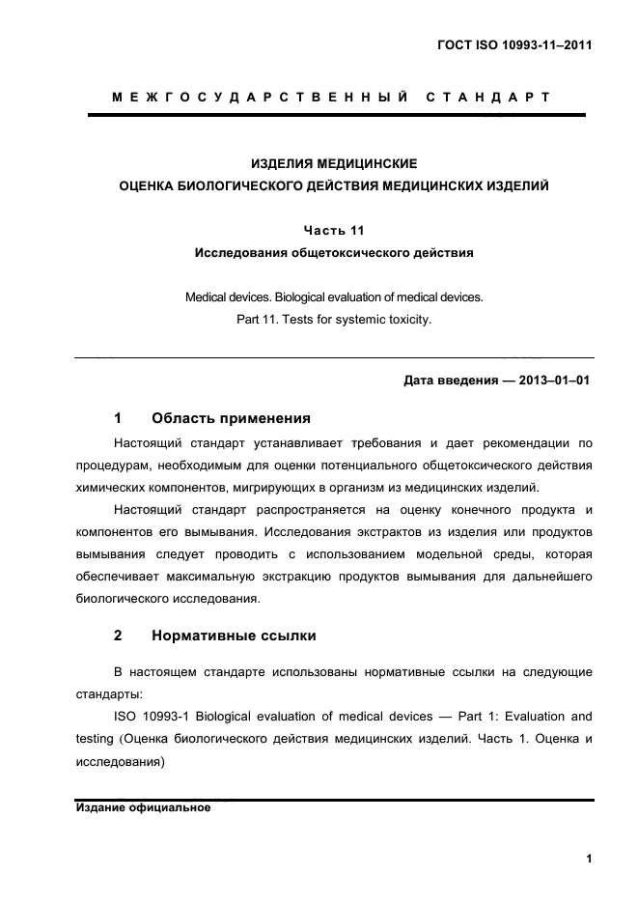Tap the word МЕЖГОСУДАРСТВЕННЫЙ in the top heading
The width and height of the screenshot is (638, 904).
coord(256,98)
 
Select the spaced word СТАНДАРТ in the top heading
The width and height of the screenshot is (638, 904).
coord(487,98)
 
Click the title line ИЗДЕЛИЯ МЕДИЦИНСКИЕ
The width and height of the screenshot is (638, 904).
coord(333,164)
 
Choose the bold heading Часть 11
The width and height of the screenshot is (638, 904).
coord(333,231)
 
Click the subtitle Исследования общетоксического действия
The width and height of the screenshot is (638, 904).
coord(333,254)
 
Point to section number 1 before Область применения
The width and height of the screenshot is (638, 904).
coord(118,418)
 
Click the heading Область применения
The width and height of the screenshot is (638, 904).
coord(231,418)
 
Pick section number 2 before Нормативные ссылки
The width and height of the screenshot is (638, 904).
coord(118,636)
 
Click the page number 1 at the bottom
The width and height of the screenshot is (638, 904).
coord(588,859)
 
